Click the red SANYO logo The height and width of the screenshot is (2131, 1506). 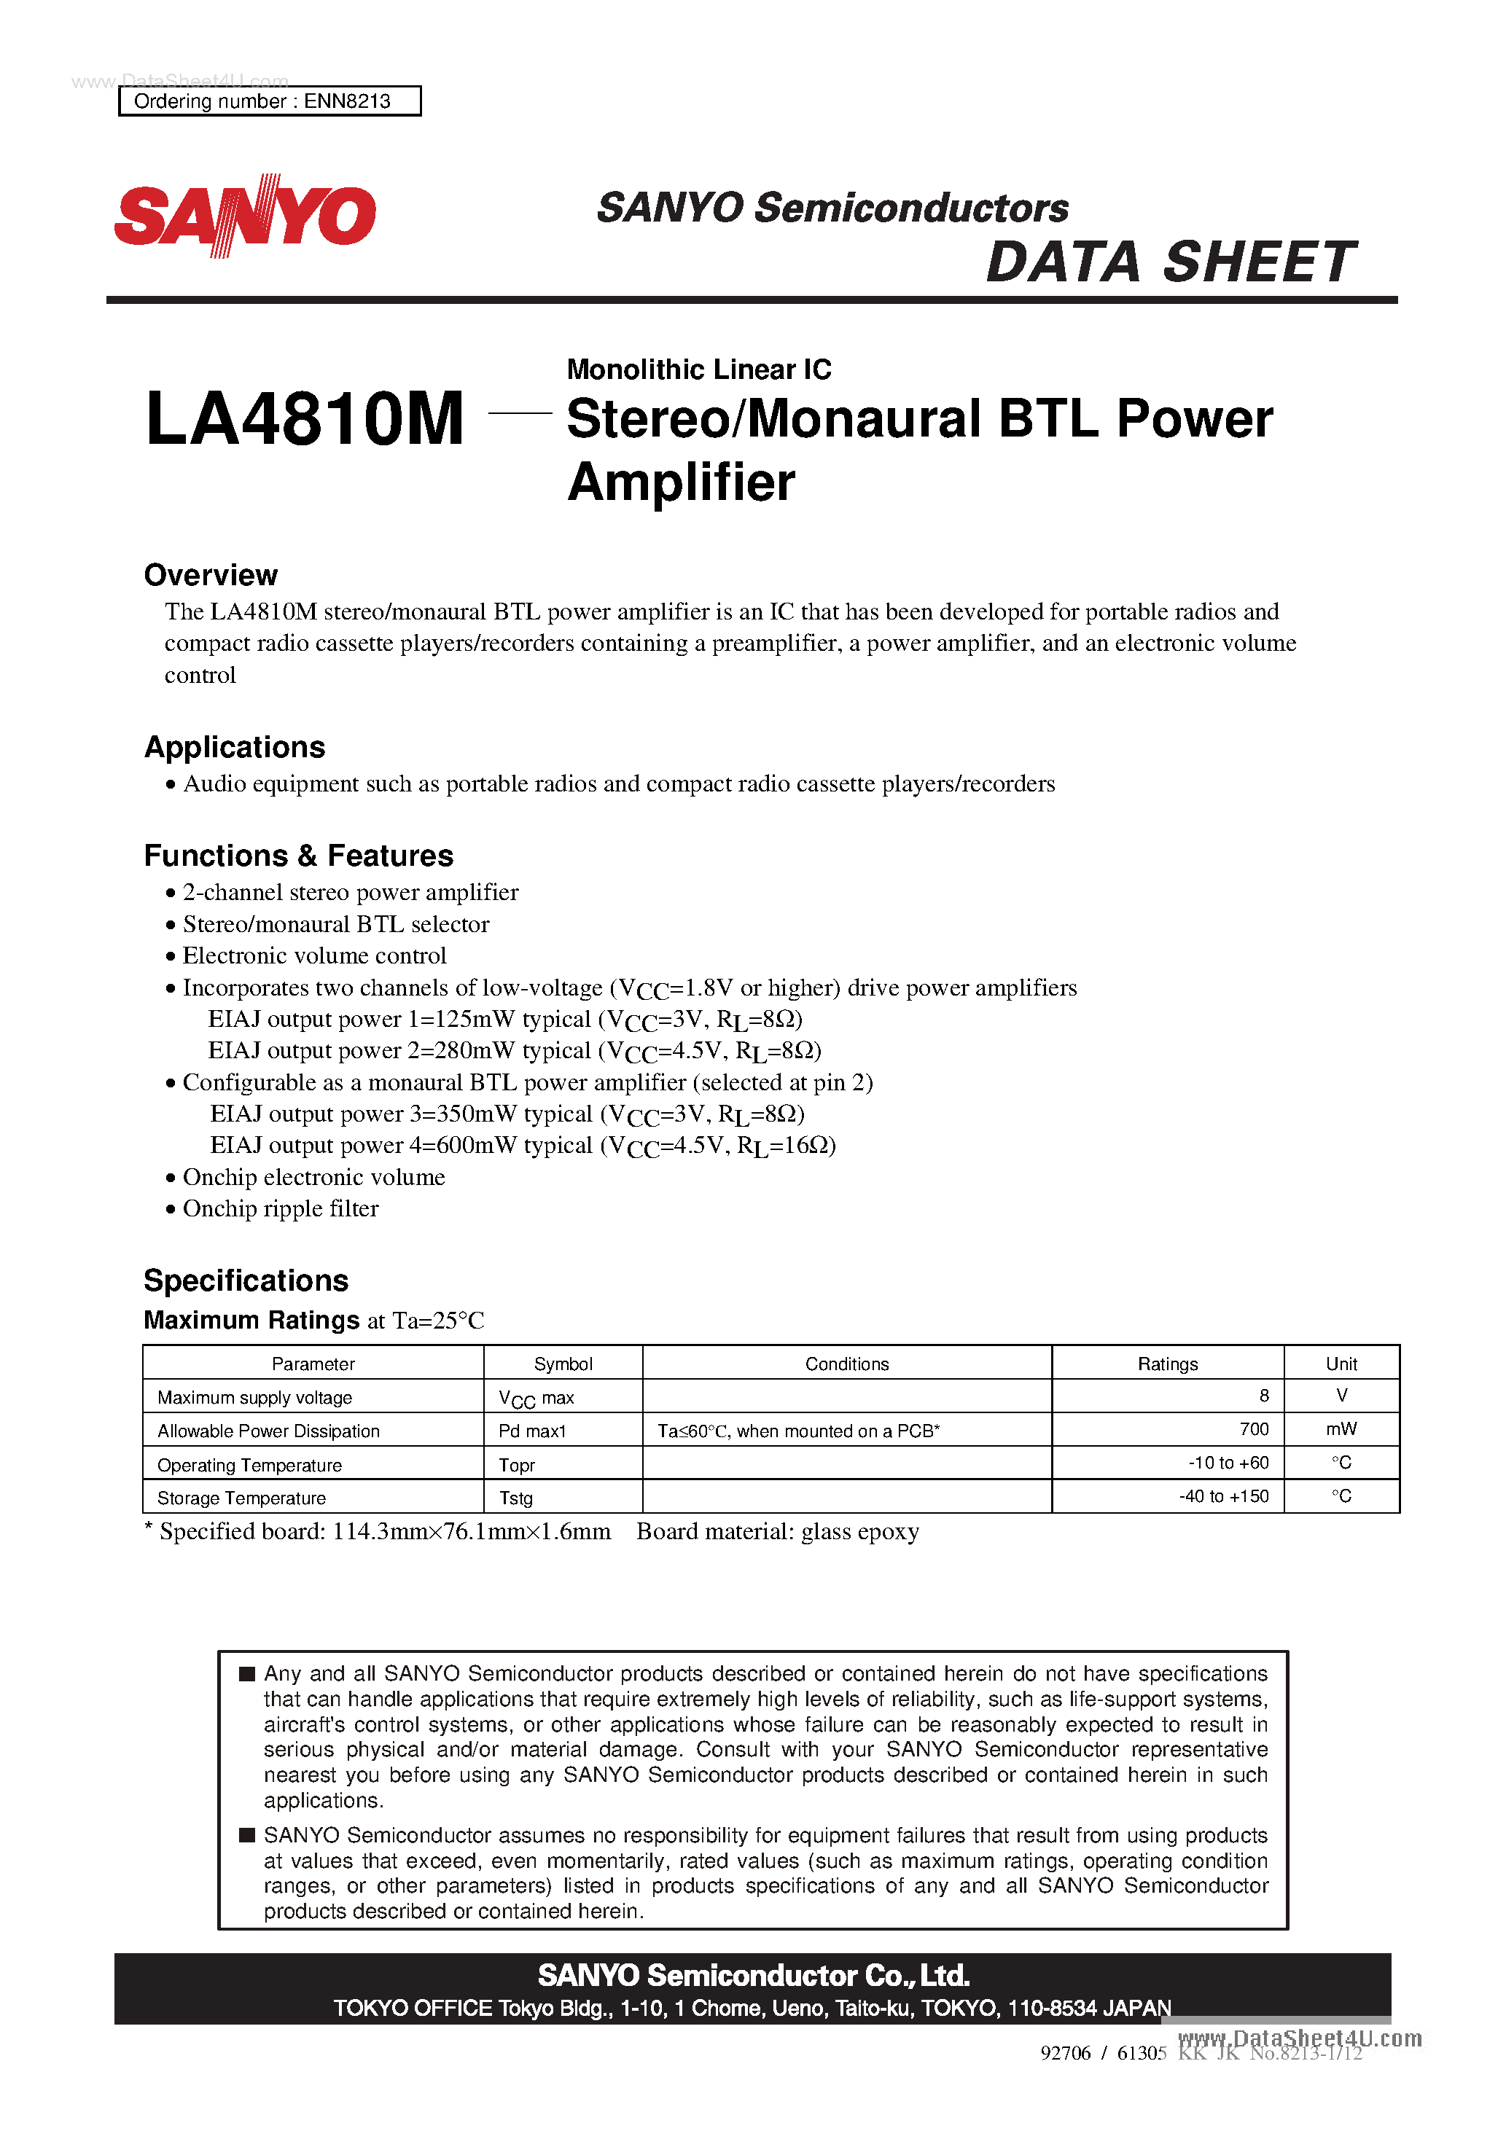(245, 215)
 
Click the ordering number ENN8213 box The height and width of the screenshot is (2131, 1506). (269, 101)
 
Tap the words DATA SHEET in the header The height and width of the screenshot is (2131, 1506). (1170, 262)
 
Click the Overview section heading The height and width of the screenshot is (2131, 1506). (211, 576)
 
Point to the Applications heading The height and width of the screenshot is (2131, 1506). (235, 747)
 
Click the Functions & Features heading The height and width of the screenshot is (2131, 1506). (299, 856)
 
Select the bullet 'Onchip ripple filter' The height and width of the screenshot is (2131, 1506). (281, 1208)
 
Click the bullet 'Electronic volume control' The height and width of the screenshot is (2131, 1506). (314, 956)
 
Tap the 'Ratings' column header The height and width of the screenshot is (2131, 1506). (1167, 1364)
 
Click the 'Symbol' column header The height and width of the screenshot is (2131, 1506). (563, 1364)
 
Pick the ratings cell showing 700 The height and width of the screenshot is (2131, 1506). (1254, 1429)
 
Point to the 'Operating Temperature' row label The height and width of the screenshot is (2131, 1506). (250, 1465)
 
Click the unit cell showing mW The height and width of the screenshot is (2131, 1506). (1341, 1429)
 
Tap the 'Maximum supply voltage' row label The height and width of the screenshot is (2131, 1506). (255, 1398)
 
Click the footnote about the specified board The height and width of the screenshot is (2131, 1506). (531, 1531)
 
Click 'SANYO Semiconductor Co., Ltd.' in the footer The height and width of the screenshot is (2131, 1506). (753, 1975)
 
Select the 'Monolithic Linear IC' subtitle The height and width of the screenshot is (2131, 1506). (699, 369)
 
